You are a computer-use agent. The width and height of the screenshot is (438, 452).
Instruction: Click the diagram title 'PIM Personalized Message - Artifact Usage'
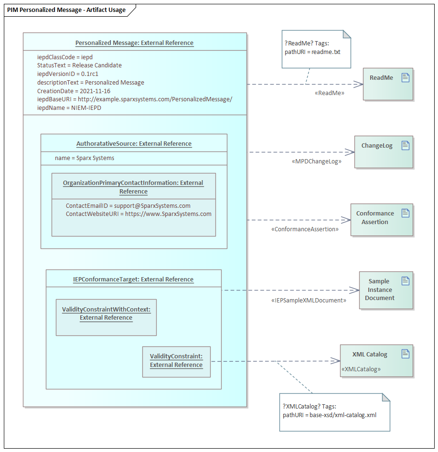[x=66, y=10]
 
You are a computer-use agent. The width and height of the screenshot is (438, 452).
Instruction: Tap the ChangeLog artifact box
[x=383, y=152]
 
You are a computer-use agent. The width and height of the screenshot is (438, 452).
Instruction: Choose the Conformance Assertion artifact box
[x=381, y=220]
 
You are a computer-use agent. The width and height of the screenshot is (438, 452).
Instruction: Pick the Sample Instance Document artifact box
[x=385, y=290]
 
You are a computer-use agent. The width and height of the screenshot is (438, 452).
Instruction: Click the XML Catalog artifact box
[x=376, y=361]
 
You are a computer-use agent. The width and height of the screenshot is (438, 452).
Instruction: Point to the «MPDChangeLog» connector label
[x=316, y=161]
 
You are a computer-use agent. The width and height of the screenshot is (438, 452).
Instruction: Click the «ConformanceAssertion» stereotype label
[x=305, y=229]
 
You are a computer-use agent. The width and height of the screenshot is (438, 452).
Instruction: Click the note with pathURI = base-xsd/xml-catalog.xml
[x=334, y=412]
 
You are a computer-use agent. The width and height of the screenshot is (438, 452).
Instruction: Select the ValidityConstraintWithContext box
[x=106, y=317]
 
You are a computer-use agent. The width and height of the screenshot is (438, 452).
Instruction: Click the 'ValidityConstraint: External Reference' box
[x=176, y=361]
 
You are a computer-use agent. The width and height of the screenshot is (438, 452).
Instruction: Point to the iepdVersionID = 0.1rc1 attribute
[x=68, y=74]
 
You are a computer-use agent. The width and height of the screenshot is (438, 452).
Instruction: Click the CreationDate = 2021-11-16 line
[x=74, y=91]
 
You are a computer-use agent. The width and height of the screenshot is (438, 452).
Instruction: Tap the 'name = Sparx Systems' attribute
[x=85, y=158]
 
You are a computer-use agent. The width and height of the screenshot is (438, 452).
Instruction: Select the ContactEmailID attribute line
[x=128, y=205]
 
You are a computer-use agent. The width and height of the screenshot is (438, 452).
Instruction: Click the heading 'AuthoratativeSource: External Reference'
[x=134, y=143]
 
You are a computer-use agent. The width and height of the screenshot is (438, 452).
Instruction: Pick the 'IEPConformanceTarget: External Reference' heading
[x=133, y=279]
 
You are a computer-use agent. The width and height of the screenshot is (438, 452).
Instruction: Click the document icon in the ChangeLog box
[x=406, y=146]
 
